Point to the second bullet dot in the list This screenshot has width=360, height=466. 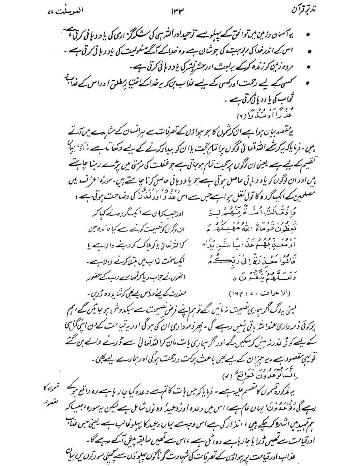point(308,51)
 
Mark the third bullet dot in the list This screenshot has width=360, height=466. point(308,67)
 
